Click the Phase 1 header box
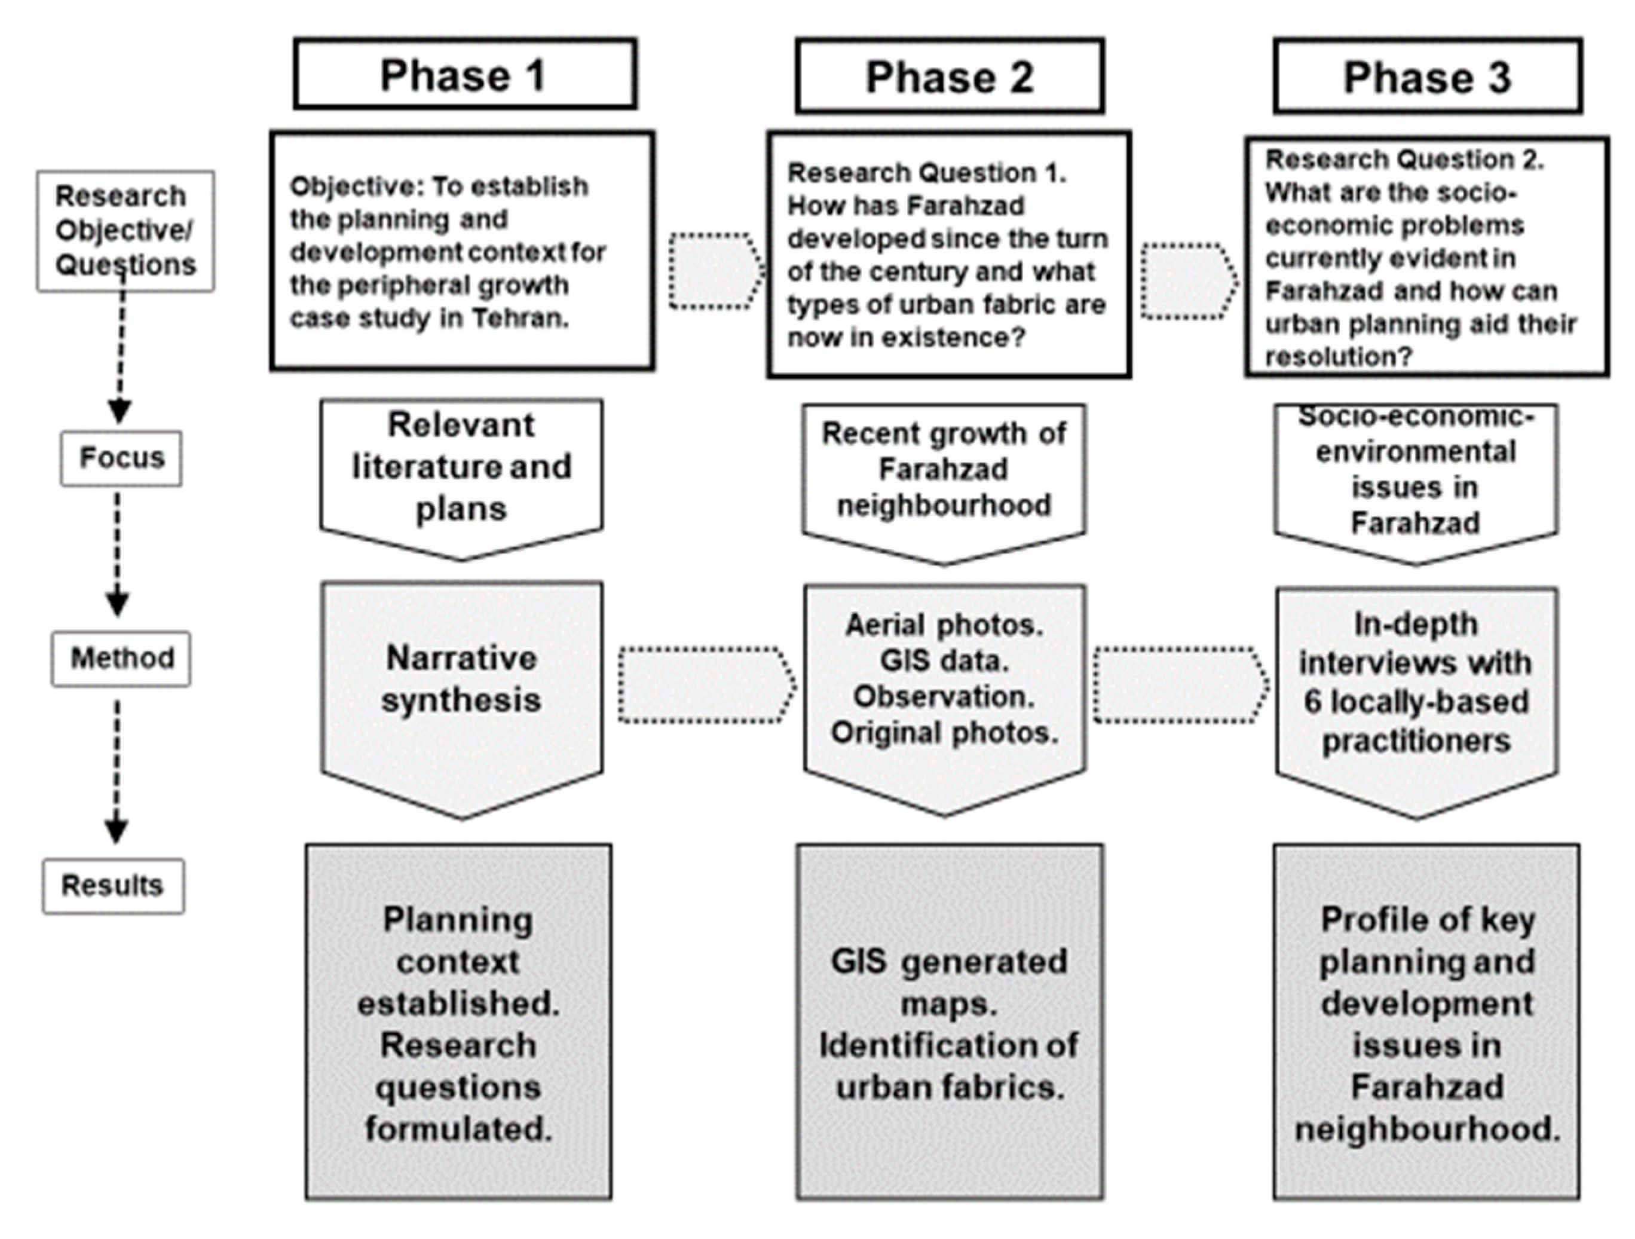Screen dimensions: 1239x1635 point(464,75)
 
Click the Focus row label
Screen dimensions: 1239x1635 point(121,458)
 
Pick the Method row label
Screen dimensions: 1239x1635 point(121,658)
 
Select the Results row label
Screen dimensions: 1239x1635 point(112,885)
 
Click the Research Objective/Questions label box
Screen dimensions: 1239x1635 point(125,231)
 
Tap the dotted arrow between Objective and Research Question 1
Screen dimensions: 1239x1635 point(714,271)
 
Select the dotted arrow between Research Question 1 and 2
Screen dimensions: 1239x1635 point(1187,281)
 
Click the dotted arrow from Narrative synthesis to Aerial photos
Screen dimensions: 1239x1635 point(706,684)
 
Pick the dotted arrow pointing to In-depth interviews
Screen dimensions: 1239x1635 point(1180,684)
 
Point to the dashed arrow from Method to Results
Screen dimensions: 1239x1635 point(116,769)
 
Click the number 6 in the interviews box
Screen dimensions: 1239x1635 point(1311,702)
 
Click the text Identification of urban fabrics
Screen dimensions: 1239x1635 point(949,1066)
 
